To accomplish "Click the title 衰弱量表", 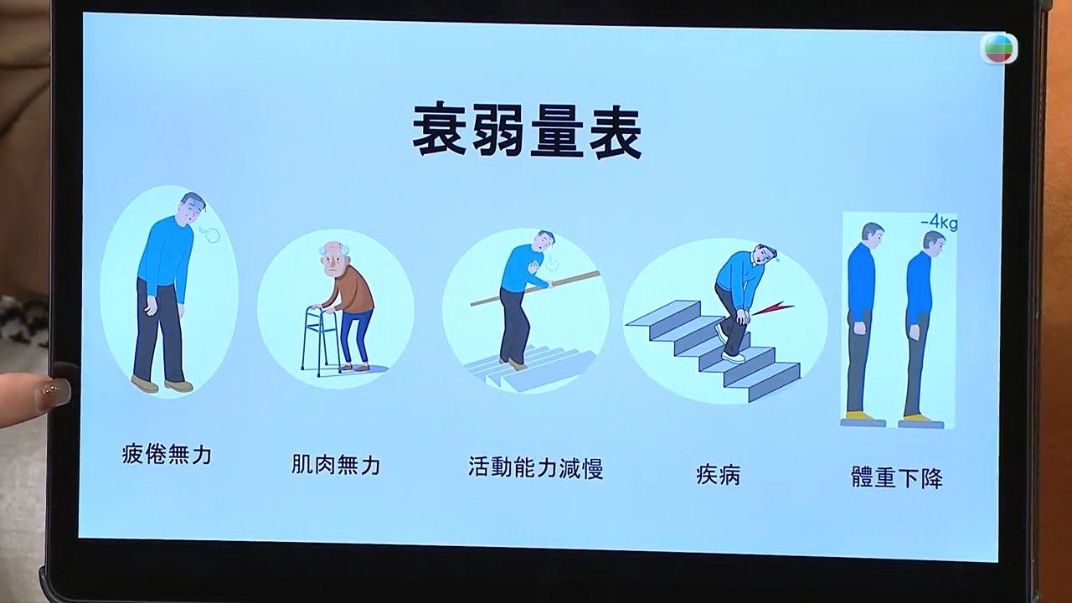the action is pos(527,130).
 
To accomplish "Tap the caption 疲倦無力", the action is pos(167,454).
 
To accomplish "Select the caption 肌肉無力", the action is pos(336,464).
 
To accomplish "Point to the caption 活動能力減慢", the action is pos(535,467).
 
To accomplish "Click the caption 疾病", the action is pos(718,474).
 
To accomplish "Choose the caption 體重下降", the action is pos(897,477).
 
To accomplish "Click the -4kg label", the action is pos(939,223).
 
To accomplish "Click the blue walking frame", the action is pos(320,341).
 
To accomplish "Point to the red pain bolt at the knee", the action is pos(771,309).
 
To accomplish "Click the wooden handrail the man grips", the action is pos(535,288).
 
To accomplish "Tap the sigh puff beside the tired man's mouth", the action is pos(208,234).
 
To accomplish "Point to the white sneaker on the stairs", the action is pos(732,356).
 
